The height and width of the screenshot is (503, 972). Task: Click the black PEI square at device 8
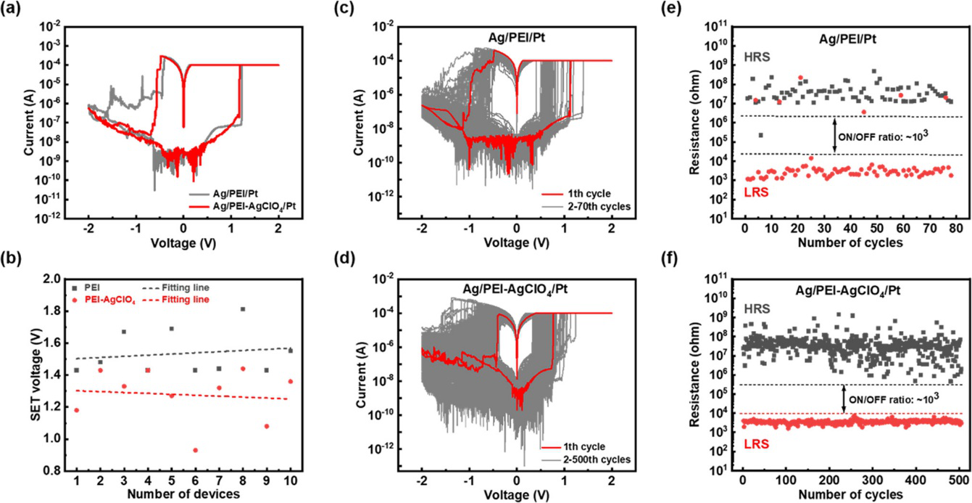click(242, 309)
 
